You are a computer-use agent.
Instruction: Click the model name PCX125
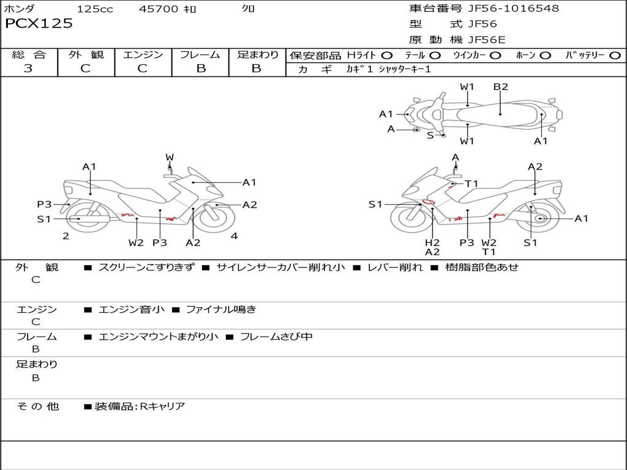coord(39,24)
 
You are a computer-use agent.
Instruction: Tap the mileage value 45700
coord(159,9)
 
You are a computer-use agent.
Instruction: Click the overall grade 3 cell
coord(28,69)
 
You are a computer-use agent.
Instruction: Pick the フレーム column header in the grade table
coord(200,54)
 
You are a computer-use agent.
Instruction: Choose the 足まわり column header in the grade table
coord(257,54)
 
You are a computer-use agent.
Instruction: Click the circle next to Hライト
coord(386,56)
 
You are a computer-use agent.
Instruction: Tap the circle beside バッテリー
coord(615,56)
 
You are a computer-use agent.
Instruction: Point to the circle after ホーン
coord(545,56)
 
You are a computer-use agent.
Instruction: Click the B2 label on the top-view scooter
coord(500,87)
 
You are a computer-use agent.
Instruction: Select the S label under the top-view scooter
coord(430,135)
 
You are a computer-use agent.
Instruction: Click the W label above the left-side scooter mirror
coord(170,158)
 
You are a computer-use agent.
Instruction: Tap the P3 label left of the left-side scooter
coord(44,204)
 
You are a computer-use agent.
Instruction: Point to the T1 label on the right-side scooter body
coord(471,184)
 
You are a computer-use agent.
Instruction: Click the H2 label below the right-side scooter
coord(432,242)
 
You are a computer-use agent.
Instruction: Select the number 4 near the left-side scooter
coord(234,236)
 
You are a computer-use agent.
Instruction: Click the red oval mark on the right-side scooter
coord(429,201)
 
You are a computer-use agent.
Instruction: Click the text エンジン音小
coord(132,310)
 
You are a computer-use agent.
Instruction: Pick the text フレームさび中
coord(276,337)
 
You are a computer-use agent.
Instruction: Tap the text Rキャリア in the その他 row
coord(162,406)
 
